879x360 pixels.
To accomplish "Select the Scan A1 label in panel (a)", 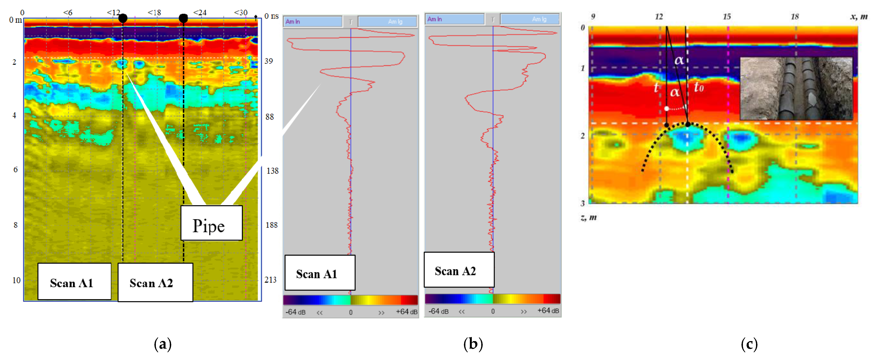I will click(74, 282).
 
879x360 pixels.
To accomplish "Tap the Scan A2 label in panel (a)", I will click(155, 283).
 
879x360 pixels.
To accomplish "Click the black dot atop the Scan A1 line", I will click(123, 18).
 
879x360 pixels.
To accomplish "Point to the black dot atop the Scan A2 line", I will click(183, 18).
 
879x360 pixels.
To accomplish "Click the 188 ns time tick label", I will click(272, 225).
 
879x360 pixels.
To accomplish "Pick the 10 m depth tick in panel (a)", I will click(16, 280).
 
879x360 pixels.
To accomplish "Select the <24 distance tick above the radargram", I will click(200, 13).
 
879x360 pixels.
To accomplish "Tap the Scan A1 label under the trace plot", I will click(320, 273).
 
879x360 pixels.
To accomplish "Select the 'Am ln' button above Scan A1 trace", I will click(313, 21).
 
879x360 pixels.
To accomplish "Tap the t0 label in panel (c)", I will click(698, 88).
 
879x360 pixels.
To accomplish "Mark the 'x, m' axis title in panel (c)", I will click(859, 16).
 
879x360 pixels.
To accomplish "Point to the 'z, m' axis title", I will click(588, 218).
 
